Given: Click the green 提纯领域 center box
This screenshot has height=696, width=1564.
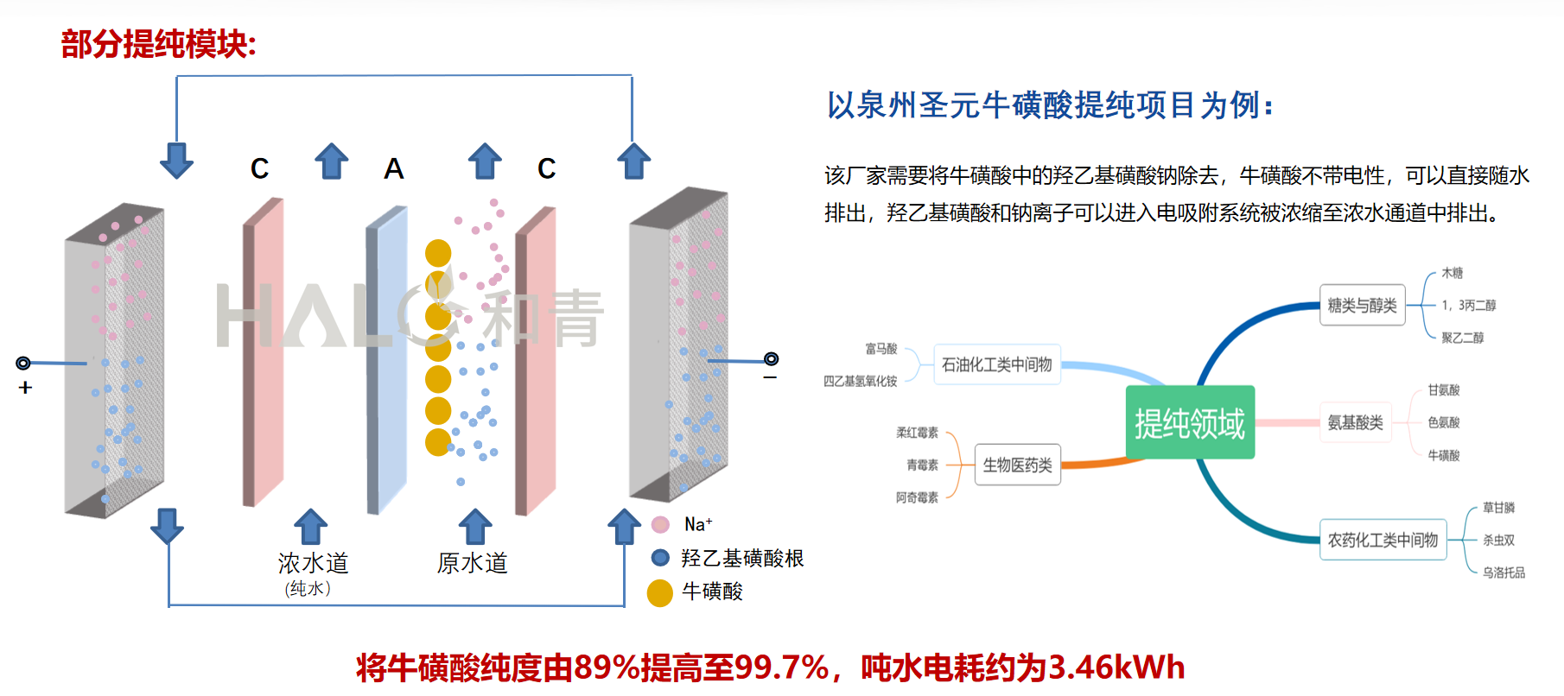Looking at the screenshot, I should (1190, 422).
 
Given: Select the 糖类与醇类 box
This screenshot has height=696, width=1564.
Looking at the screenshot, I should (1362, 306).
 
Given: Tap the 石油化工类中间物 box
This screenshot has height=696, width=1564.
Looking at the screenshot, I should (996, 364).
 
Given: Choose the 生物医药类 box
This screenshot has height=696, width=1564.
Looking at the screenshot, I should (1017, 465).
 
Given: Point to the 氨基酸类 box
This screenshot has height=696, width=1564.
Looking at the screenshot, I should (1355, 422).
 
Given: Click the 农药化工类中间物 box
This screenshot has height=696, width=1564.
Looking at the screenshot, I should (1383, 540).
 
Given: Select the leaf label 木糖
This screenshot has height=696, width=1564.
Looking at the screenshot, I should (1452, 273).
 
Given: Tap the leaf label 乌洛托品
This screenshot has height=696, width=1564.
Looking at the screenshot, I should (1504, 573).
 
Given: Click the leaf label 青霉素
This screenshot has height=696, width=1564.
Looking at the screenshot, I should (922, 465).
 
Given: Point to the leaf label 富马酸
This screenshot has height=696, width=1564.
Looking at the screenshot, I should (881, 349).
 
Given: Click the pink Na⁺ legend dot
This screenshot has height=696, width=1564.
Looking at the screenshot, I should (661, 524).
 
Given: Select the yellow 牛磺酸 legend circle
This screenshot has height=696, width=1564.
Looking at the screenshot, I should (660, 593).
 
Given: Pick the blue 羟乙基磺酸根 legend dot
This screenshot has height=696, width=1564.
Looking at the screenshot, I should (661, 558).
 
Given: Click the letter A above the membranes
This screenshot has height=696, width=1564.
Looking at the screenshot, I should (394, 168).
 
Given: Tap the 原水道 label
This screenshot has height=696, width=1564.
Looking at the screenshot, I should (472, 563).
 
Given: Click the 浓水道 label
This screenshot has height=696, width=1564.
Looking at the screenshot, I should (313, 563).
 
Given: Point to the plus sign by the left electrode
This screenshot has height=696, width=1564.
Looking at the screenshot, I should (25, 388).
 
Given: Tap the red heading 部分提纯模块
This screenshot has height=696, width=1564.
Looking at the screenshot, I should (158, 44).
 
